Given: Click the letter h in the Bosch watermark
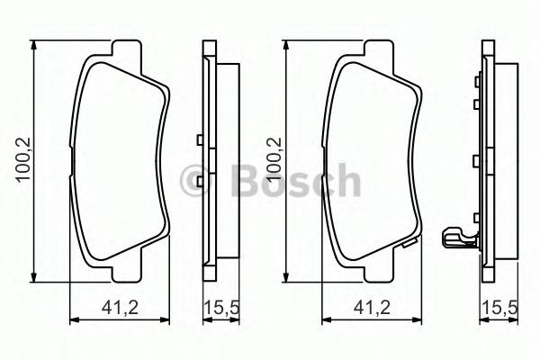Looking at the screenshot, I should pos(347,181).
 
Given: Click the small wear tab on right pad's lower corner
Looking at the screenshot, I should pos(409,241).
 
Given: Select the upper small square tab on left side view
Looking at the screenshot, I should pos(197,139).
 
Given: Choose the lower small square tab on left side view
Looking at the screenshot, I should pos(197,179).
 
